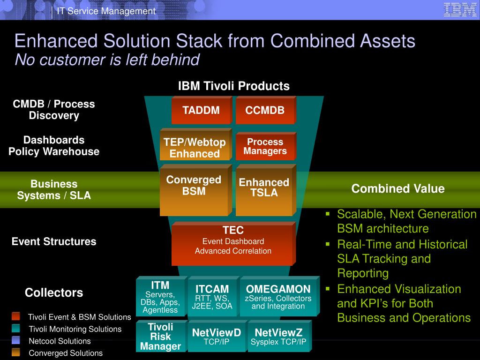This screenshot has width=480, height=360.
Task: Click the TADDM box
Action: point(202,110)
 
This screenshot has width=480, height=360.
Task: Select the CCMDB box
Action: point(266,110)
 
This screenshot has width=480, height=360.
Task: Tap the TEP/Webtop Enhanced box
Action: point(196,144)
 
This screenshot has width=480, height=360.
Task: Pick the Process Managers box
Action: point(266,146)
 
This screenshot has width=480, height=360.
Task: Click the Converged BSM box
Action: point(196,190)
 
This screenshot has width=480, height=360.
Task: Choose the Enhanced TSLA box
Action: point(266,190)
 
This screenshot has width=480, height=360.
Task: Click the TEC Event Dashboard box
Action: point(233,244)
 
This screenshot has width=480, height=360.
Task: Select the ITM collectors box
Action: point(162,296)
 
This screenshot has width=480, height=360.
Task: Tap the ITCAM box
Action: point(213,296)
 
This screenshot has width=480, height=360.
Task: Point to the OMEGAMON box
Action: point(280,296)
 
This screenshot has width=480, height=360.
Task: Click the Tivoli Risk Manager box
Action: point(162,336)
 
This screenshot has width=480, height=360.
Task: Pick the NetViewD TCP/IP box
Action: point(217,336)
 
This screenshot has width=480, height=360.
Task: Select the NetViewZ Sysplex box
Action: point(280,336)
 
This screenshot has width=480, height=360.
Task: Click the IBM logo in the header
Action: point(460,9)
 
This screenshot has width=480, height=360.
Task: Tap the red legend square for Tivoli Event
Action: point(16,316)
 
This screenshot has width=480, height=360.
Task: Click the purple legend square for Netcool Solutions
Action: point(16,340)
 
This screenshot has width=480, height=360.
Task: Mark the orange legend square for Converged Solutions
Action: point(16,352)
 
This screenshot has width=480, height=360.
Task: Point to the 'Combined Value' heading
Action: point(398,188)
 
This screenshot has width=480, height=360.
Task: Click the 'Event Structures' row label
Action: point(54,241)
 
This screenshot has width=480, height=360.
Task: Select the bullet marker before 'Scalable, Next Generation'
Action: point(328,214)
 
